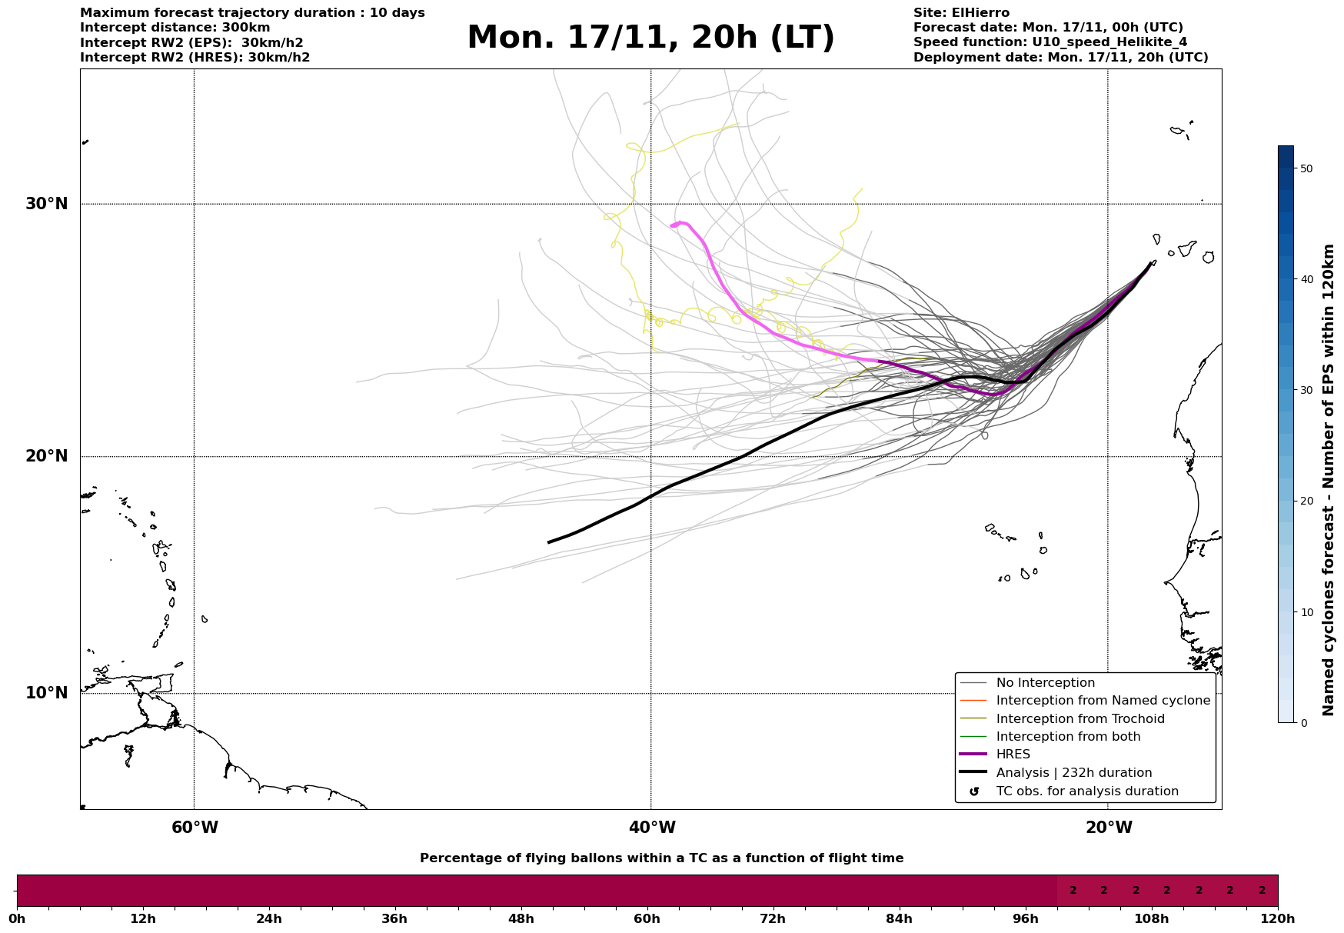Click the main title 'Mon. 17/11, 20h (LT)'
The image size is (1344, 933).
(650, 38)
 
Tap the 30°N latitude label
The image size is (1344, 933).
(47, 204)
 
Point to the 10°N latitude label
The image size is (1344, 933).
(47, 693)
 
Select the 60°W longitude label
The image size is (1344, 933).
(195, 828)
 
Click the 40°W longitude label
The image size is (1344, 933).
(652, 828)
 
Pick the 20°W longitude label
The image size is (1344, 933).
(1109, 828)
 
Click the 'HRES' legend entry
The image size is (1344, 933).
(1013, 755)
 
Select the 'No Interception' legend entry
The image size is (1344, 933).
(1045, 683)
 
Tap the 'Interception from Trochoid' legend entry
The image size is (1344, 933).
(1080, 719)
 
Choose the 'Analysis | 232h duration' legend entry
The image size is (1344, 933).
(1073, 773)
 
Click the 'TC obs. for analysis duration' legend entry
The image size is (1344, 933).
(1086, 791)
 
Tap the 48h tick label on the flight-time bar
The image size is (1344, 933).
(521, 919)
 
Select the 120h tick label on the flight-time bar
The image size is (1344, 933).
(1278, 919)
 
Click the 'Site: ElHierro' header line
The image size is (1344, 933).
(961, 13)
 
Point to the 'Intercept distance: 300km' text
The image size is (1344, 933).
(175, 28)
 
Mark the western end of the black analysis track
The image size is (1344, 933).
(549, 542)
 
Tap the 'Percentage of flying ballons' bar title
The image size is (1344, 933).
(661, 858)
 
